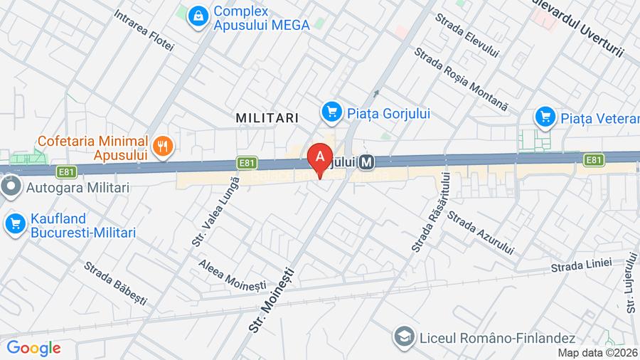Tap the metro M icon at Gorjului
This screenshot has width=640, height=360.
(367, 162)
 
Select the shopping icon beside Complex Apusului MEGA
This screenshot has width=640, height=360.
(198, 16)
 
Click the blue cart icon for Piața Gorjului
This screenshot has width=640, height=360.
(331, 112)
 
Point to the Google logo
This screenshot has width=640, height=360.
(33, 348)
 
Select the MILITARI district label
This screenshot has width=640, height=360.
(267, 117)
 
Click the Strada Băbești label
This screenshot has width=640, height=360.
(116, 283)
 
